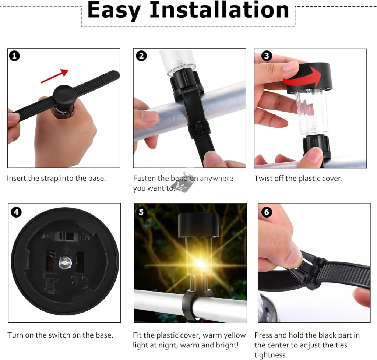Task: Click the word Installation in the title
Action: point(219,10)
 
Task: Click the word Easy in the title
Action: point(114,11)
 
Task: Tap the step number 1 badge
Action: point(14,56)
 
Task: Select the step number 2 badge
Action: point(141,56)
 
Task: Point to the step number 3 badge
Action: point(267,56)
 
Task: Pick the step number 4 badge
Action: point(16,212)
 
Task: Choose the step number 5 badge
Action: point(141,212)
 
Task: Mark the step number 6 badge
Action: point(267,212)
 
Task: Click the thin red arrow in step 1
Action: point(55,76)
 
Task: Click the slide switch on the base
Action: point(67,236)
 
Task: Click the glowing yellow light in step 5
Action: point(200,264)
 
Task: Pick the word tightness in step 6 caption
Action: point(271,355)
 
